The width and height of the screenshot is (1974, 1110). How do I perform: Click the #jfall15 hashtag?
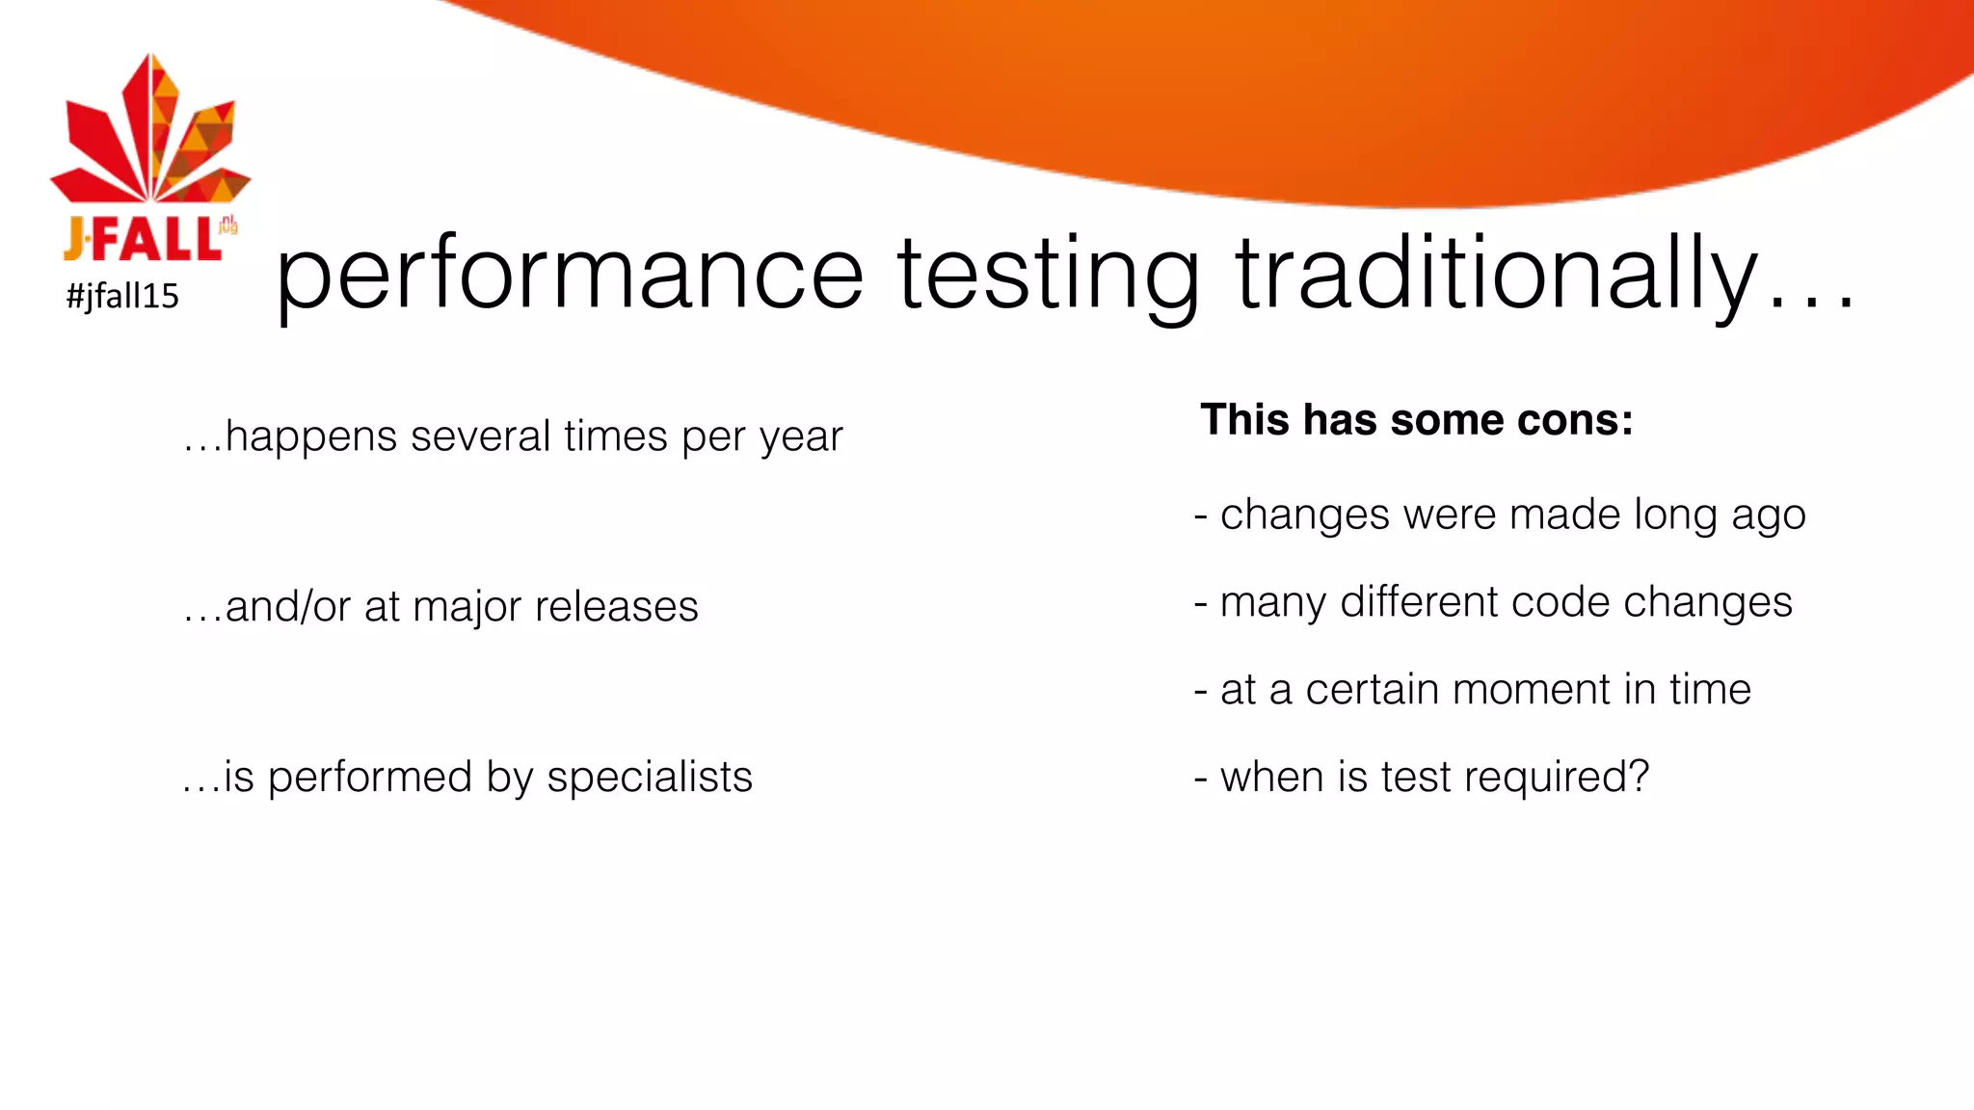[x=122, y=296]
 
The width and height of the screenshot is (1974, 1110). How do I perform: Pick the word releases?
[x=616, y=607]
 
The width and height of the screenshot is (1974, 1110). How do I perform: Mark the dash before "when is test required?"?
[x=1201, y=778]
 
